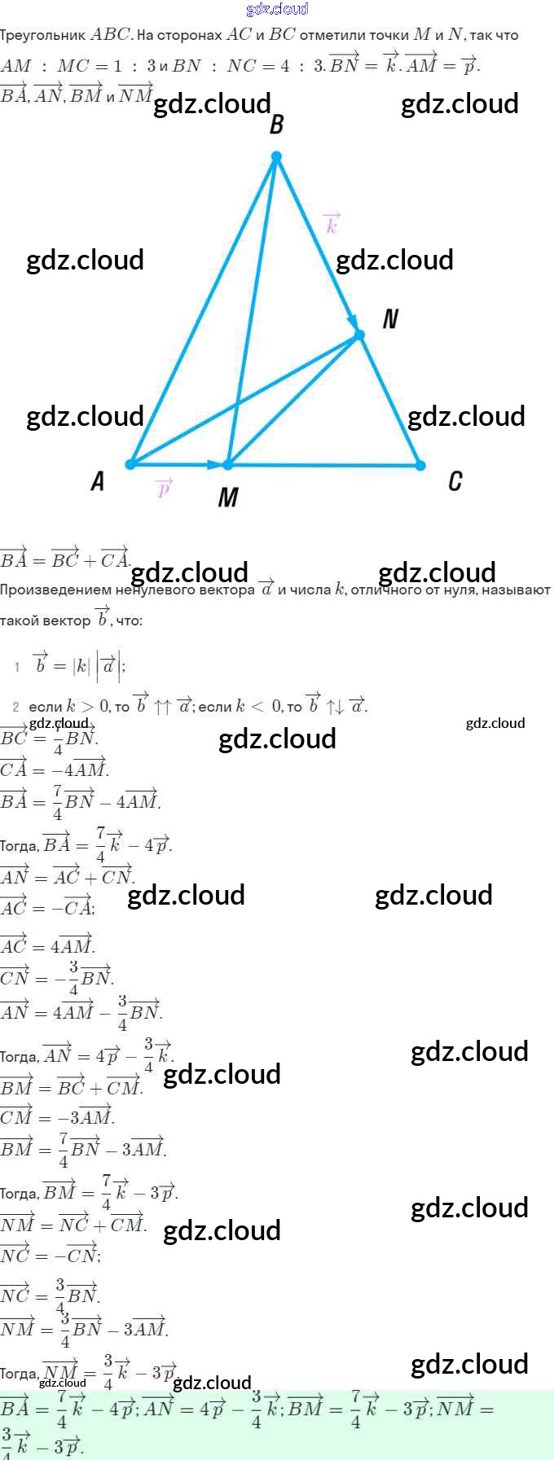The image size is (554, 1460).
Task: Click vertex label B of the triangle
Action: pos(276,125)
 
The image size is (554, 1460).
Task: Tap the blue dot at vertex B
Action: pos(276,156)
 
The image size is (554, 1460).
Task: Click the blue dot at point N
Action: pos(359,335)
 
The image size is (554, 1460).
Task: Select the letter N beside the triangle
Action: pos(390,318)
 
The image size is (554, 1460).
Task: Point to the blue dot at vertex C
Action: pos(420,465)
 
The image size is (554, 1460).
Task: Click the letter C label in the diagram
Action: pos(455,481)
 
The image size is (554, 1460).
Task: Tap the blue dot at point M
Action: pos(228,464)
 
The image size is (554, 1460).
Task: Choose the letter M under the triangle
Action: pos(228,497)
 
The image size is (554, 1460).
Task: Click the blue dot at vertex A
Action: pos(130,464)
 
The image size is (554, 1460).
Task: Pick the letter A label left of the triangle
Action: pos(98,481)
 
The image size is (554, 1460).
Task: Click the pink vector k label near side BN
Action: pos(331,223)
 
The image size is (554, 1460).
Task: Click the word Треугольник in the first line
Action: pos(42,35)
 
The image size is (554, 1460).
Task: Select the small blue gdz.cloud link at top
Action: pos(277,9)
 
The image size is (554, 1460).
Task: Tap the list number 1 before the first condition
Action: pos(17,667)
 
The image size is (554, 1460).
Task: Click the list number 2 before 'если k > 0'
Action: pos(16,707)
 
